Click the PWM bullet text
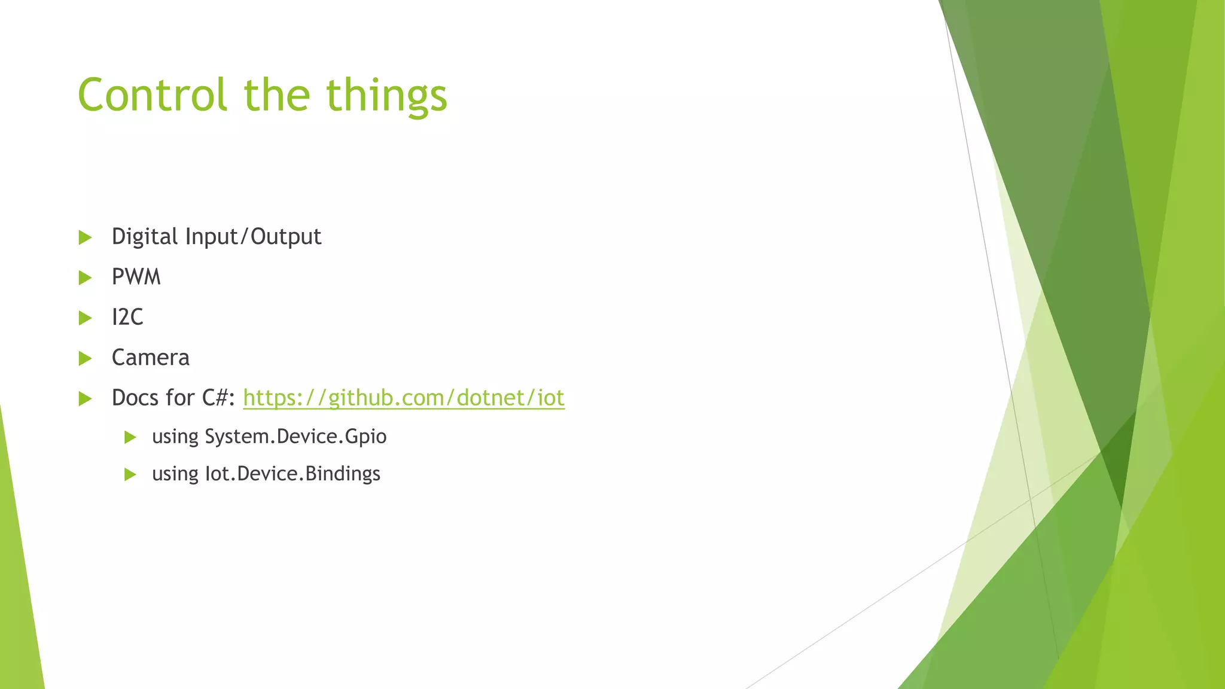click(x=136, y=277)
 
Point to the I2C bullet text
click(x=127, y=317)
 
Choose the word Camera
click(x=151, y=358)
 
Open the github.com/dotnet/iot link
click(x=404, y=398)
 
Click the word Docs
click(x=136, y=398)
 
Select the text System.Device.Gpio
click(x=295, y=437)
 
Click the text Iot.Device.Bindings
click(x=292, y=474)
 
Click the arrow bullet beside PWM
click(x=85, y=278)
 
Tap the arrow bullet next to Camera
click(x=85, y=358)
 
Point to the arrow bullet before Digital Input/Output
click(x=85, y=237)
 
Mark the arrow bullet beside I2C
click(x=85, y=318)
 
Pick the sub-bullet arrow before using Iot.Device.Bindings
click(x=130, y=475)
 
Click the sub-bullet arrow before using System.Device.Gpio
click(x=130, y=437)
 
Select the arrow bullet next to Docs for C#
click(x=85, y=398)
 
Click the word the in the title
click(x=277, y=95)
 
